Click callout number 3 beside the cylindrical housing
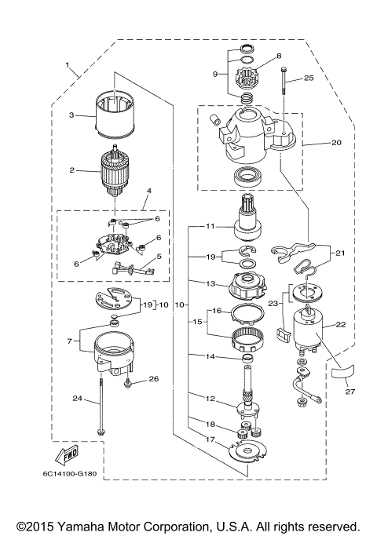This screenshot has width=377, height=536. click(x=70, y=115)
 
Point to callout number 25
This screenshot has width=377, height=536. click(x=309, y=78)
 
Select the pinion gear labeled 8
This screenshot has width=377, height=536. click(x=249, y=81)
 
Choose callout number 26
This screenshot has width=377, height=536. click(x=153, y=378)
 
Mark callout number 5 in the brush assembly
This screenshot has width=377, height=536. click(x=159, y=256)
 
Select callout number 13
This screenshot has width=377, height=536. click(x=210, y=283)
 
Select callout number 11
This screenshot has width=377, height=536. click(x=210, y=226)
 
